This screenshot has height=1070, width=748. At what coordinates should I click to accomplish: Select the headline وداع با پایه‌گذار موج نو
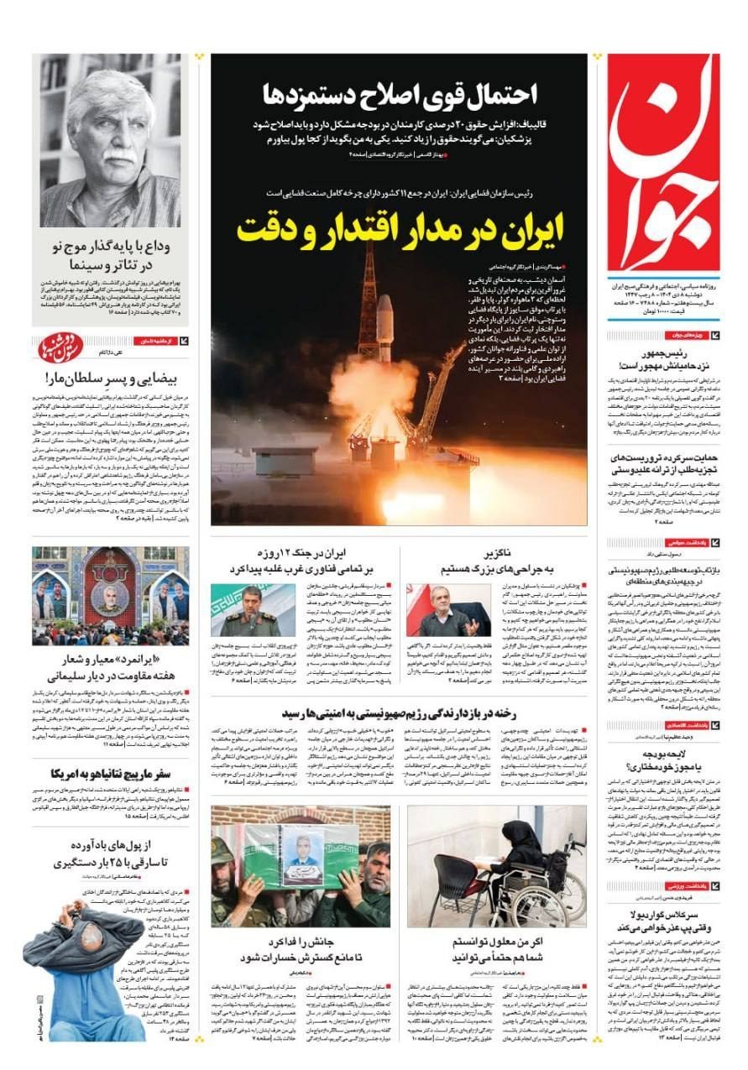(109, 256)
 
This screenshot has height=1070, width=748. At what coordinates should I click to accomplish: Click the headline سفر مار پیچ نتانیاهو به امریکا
(109, 772)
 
